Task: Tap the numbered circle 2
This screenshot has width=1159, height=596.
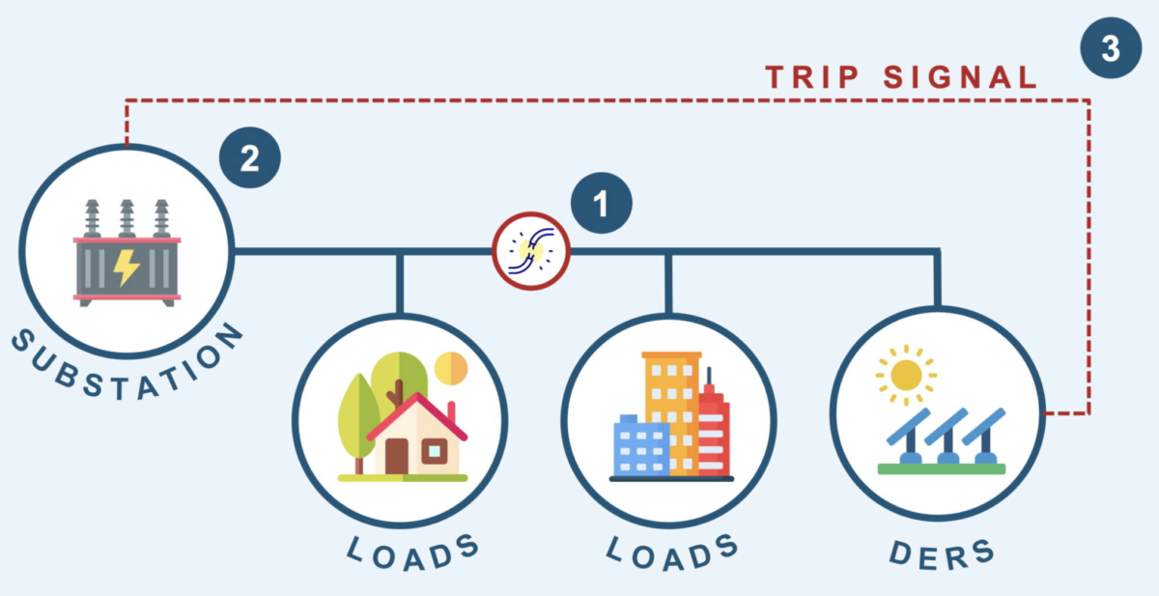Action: pos(249,156)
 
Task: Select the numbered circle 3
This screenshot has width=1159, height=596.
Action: pos(1111,48)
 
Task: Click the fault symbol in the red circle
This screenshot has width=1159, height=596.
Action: pos(530,251)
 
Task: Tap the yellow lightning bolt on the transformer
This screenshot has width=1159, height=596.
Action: pos(127,267)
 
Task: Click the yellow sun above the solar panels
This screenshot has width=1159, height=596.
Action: pos(906,375)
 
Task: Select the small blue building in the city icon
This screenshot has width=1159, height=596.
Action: pos(640,446)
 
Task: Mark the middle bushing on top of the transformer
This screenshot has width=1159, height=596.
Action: pos(127,218)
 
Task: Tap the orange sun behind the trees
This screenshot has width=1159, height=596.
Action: pos(450,368)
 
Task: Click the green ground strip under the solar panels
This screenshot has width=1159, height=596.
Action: pos(941,469)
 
